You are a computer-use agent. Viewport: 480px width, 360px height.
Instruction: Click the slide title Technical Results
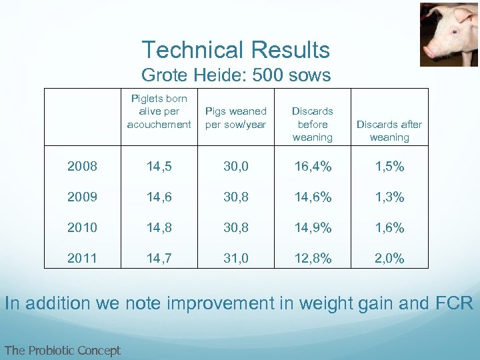(235, 50)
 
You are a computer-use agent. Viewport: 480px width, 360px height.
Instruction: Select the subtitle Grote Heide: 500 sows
(236, 75)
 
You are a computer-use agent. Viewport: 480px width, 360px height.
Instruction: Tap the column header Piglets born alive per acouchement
(159, 111)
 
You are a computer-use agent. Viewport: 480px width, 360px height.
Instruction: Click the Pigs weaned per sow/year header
(235, 117)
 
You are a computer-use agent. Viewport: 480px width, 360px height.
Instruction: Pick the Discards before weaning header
(312, 124)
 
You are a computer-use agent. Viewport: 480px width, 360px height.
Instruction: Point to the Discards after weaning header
(389, 131)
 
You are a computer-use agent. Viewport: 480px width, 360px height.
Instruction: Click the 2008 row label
(82, 167)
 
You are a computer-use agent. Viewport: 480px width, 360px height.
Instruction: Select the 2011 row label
(82, 259)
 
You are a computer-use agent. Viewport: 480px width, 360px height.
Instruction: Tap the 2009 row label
(82, 197)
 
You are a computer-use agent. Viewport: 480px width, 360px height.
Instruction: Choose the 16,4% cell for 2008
(312, 167)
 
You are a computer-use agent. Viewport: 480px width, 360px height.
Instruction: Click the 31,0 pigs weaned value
(235, 259)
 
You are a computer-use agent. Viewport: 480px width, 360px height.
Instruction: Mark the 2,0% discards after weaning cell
(389, 259)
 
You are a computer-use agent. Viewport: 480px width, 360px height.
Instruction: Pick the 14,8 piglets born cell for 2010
(159, 228)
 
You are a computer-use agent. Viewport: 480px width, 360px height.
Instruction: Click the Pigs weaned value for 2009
(235, 197)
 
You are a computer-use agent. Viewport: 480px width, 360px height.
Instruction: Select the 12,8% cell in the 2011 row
(312, 259)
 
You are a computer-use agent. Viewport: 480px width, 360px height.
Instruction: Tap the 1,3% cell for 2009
(389, 197)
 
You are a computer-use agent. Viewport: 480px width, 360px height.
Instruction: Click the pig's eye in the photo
(455, 31)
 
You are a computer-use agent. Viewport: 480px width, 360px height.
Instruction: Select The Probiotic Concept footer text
(62, 350)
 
